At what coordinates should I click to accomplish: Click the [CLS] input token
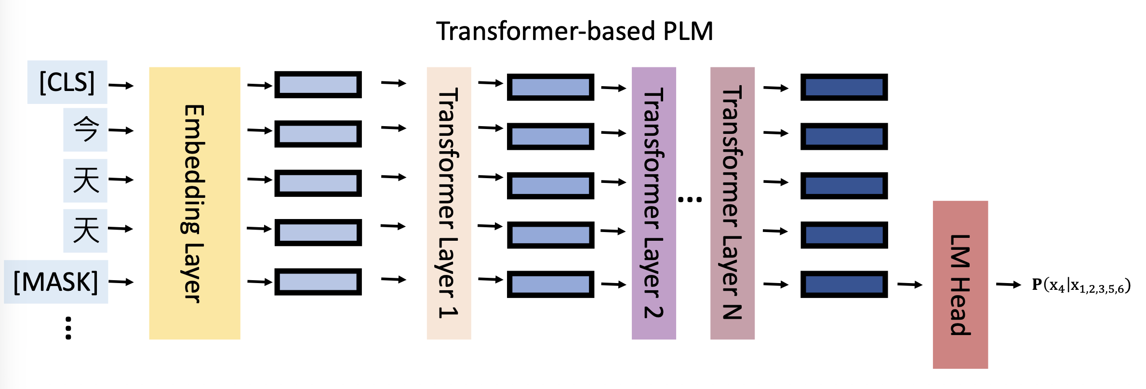(x=67, y=82)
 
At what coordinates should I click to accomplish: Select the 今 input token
(x=85, y=130)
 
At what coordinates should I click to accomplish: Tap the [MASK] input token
(x=56, y=282)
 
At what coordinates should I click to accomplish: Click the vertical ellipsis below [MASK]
(x=68, y=328)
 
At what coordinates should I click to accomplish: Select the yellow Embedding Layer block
(x=194, y=203)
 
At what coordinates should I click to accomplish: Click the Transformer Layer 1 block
(x=449, y=203)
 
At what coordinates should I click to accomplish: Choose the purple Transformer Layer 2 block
(x=653, y=203)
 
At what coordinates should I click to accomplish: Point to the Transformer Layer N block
(x=732, y=203)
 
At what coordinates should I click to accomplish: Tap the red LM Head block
(x=960, y=285)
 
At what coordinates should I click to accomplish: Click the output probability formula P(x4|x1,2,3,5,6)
(x=1081, y=285)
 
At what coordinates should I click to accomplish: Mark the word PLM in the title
(x=688, y=31)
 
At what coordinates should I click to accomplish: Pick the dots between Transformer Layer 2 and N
(x=690, y=199)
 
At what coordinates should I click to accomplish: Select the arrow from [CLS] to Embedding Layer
(x=120, y=86)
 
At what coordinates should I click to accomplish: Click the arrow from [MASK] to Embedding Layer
(x=120, y=282)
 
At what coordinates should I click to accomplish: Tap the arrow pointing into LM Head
(x=909, y=285)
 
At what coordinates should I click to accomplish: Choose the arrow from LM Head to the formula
(x=1008, y=285)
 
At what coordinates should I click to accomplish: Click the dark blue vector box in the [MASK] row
(x=844, y=284)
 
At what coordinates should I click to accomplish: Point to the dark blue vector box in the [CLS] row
(x=844, y=87)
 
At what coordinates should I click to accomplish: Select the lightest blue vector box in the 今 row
(x=318, y=134)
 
